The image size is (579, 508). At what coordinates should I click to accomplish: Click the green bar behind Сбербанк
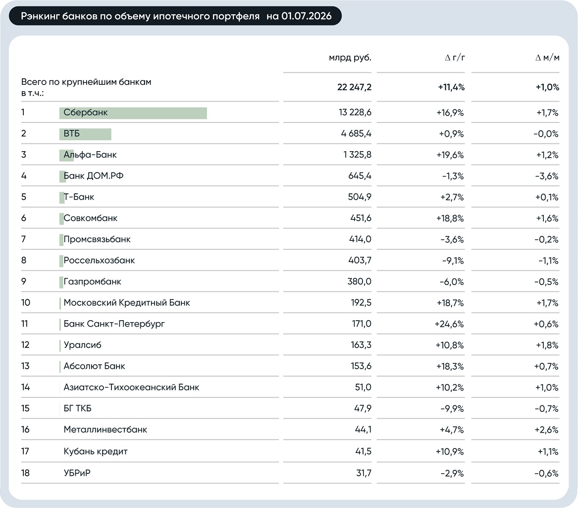pos(133,113)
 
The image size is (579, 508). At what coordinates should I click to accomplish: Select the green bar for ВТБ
pos(85,134)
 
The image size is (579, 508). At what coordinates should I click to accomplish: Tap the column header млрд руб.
pos(350,57)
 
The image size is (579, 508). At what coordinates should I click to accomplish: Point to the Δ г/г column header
pos(455,57)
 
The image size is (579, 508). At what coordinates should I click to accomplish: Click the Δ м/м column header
pos(547,57)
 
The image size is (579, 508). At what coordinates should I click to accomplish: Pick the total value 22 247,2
pos(354,87)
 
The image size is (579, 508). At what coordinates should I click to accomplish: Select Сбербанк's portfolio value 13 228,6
pos(355,113)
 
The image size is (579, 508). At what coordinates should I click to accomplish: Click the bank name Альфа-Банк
pos(90,155)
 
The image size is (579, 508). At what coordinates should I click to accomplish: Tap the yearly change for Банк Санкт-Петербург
pos(449,324)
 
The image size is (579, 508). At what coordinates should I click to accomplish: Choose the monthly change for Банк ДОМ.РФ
pos(546,176)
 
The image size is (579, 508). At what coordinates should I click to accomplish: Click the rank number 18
pos(25,473)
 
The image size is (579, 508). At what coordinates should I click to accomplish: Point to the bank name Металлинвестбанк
pos(105,429)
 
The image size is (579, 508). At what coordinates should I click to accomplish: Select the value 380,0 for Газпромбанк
pos(359,282)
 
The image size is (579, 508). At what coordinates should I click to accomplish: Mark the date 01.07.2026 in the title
pos(306,16)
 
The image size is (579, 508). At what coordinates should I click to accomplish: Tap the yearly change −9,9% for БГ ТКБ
pos(452,408)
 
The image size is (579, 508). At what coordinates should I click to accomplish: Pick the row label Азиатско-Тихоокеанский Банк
pos(131,387)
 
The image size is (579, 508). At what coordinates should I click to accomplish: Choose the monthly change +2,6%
pos(546,430)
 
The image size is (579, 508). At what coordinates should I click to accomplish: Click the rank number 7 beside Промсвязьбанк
pos(24,239)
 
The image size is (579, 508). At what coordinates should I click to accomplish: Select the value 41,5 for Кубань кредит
pos(364,451)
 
